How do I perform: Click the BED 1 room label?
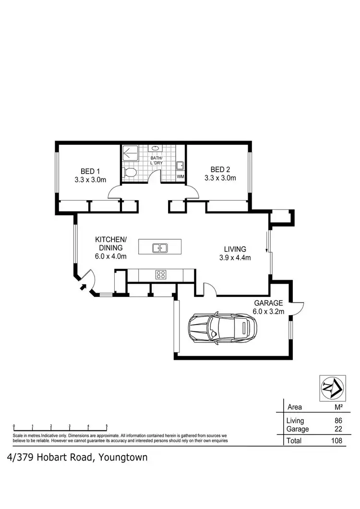click(x=90, y=176)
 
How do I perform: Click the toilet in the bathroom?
click(x=130, y=172)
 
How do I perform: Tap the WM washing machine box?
click(x=180, y=177)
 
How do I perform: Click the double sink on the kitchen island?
click(x=160, y=248)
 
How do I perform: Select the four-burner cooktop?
click(x=160, y=275)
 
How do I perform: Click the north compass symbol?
click(x=332, y=387)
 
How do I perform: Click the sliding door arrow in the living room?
click(x=267, y=244)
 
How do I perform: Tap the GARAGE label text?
click(x=268, y=303)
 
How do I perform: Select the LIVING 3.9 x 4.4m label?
click(x=235, y=253)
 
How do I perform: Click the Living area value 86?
click(x=337, y=421)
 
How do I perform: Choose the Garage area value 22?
click(x=337, y=429)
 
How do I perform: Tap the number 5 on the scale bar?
click(x=106, y=426)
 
